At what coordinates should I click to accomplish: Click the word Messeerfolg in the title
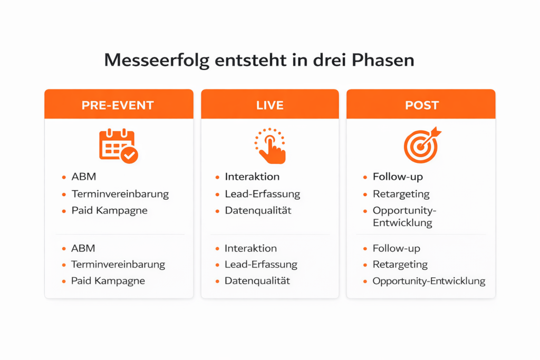tap(157, 60)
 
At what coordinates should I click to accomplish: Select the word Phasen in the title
tap(383, 60)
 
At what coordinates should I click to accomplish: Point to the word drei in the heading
tap(329, 60)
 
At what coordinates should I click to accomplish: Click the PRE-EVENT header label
tap(118, 105)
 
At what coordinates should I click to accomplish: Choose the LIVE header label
tap(270, 105)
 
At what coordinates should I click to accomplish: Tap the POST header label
tap(422, 105)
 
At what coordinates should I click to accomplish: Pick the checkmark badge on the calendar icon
tap(130, 155)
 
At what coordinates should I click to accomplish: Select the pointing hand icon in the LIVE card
tap(271, 146)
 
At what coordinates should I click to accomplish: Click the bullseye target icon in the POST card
tap(421, 147)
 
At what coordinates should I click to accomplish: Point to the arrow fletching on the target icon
tap(436, 131)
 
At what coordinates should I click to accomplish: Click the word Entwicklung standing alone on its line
tap(402, 222)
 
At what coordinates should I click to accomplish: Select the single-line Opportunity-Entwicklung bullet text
tap(429, 281)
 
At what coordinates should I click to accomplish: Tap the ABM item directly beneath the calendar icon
tap(84, 177)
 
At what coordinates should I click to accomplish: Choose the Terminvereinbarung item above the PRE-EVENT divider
tap(120, 194)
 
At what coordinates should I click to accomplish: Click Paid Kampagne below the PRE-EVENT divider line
tap(108, 281)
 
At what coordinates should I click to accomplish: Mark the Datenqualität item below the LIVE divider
tap(257, 281)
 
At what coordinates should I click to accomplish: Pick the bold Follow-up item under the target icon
tap(398, 177)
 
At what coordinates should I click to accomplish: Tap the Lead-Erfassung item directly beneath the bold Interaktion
tap(263, 194)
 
